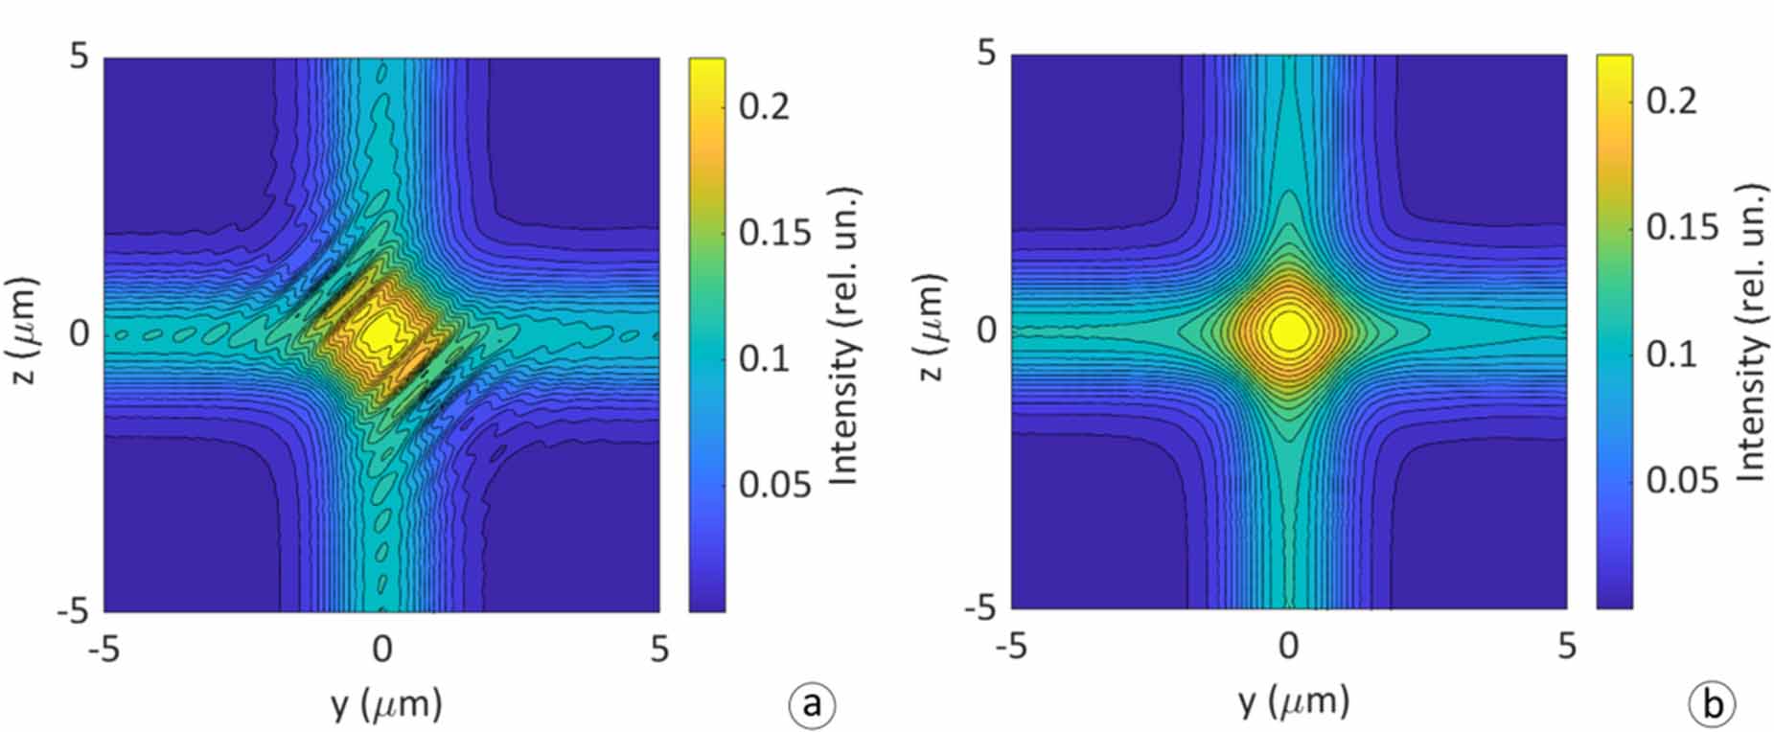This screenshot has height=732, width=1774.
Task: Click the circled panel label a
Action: [812, 705]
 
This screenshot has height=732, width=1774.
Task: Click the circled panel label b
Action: [1713, 705]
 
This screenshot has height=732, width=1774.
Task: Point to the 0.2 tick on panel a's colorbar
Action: [765, 105]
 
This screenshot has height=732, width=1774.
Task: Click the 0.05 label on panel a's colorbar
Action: [775, 485]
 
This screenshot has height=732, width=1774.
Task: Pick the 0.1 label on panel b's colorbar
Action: [1671, 354]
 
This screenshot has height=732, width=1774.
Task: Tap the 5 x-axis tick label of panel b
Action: [1566, 647]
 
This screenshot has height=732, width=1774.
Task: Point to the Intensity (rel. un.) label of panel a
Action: [842, 335]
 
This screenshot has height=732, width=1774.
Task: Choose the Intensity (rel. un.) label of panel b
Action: [1750, 331]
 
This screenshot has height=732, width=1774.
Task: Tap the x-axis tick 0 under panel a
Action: [381, 651]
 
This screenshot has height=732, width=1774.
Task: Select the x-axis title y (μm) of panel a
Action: [386, 705]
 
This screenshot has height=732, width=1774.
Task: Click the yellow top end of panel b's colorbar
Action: [1614, 63]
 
